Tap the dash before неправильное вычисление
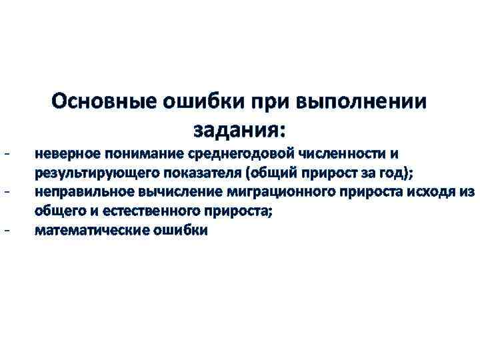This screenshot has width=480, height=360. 6,192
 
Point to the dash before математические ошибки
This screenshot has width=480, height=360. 6,231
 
